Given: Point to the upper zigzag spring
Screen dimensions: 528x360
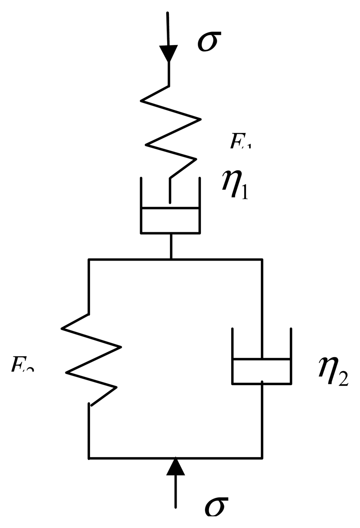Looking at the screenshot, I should (x=170, y=131).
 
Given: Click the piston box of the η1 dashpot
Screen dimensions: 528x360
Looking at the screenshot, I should (x=170, y=220).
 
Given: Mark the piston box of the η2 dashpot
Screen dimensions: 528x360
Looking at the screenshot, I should (x=261, y=371).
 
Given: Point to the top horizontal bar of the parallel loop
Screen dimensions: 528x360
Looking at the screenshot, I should (x=175, y=259).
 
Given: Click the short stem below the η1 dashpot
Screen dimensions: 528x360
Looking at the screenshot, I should (x=171, y=246).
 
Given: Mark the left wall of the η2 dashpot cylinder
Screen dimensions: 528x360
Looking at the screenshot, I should (x=232, y=356).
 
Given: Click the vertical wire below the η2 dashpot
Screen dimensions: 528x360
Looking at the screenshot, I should (x=262, y=419).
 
